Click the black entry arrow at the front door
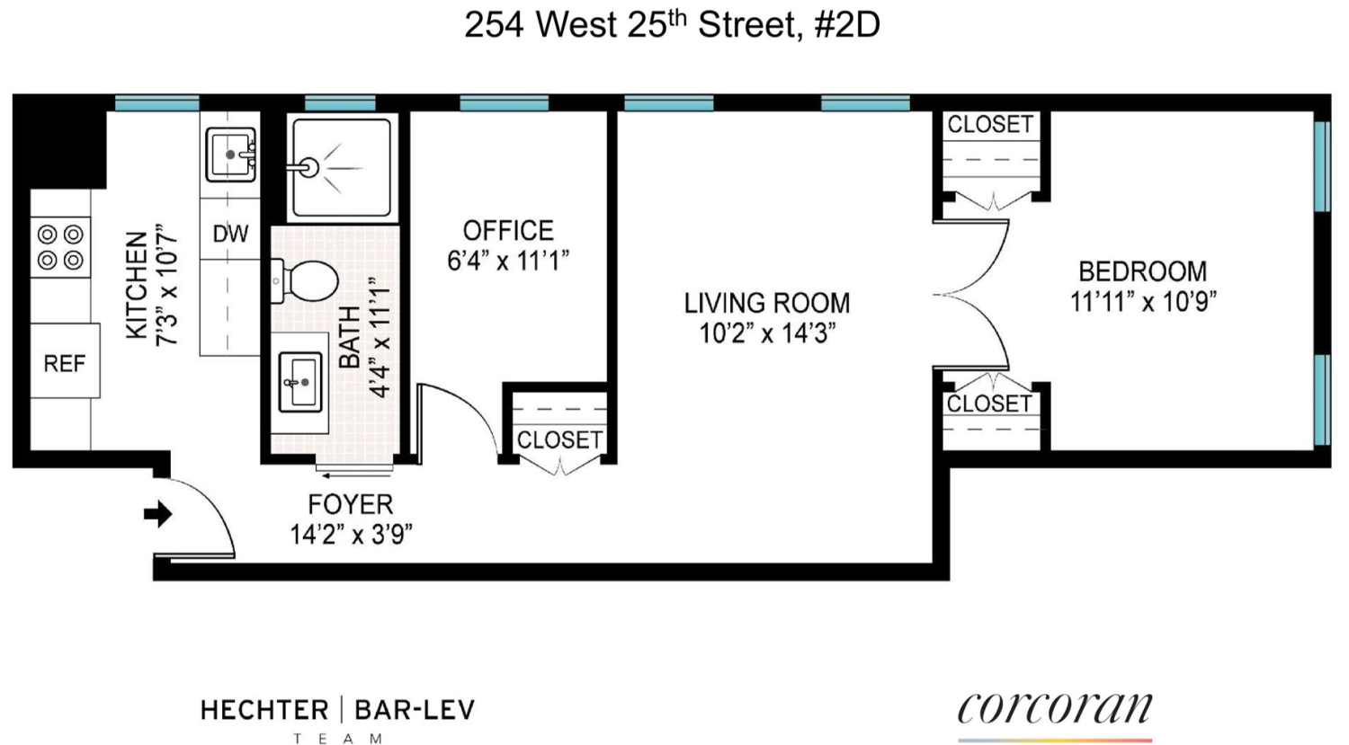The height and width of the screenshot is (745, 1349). tap(158, 514)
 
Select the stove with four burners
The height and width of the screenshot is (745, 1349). tap(60, 247)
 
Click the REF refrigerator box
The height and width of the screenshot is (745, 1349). tap(65, 363)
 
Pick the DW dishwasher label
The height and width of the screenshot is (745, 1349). tap(230, 234)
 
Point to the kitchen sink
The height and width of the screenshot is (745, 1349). tap(230, 155)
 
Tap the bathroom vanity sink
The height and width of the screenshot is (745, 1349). tap(300, 382)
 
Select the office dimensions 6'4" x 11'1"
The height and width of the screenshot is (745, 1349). tap(508, 261)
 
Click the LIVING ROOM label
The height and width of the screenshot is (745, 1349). tap(766, 303)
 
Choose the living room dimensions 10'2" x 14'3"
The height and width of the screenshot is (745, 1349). tap(767, 333)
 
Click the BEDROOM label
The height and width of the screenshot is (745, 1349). tap(1142, 271)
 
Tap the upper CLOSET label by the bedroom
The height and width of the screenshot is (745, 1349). tap(990, 124)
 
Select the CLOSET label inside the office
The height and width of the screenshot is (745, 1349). tap(558, 439)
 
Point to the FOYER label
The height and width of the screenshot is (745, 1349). tap(351, 504)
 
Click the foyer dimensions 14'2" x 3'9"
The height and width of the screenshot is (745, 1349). tap(351, 535)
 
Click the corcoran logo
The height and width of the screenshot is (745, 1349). tap(1054, 708)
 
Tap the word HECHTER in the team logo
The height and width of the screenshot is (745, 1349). tap(264, 710)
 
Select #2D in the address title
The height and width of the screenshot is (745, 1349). tap(846, 25)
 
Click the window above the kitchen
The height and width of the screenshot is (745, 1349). tap(157, 102)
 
